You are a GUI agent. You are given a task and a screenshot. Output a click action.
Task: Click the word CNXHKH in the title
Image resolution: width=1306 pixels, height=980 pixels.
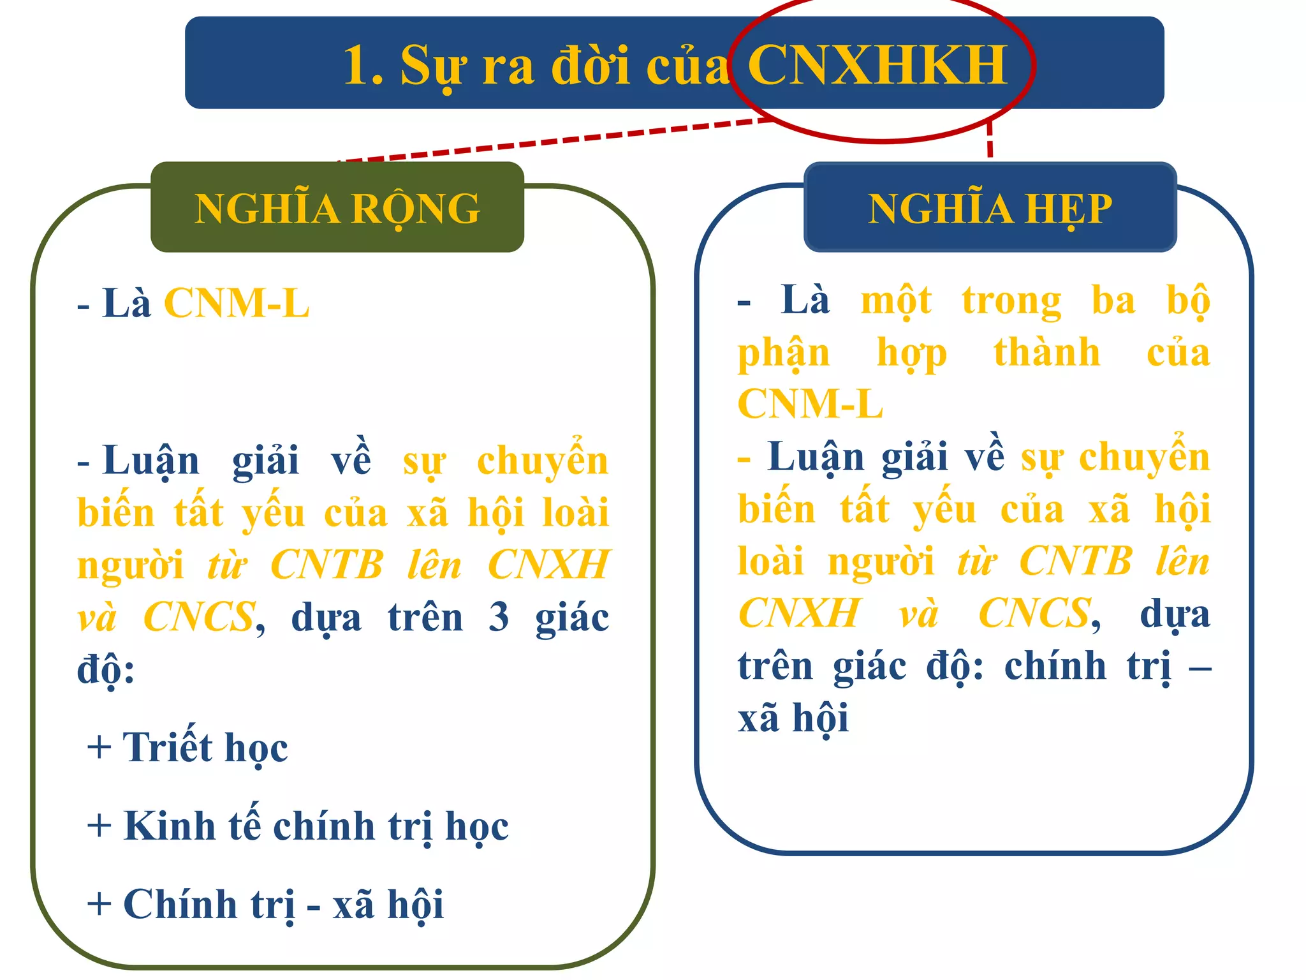[877, 65]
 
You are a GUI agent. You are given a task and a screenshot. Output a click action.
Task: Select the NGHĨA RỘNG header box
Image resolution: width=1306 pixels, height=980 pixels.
[337, 207]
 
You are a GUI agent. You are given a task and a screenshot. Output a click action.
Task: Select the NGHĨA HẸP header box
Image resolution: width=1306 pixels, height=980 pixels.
[990, 207]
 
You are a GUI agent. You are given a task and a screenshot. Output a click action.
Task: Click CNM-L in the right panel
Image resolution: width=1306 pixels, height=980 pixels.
[810, 404]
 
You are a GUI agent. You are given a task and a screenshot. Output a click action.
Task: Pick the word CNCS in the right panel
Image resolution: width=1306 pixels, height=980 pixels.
[1034, 613]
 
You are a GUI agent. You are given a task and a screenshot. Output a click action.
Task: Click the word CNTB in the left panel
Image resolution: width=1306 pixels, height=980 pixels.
[326, 565]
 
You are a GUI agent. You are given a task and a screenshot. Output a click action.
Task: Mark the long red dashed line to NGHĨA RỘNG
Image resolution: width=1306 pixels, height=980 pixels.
[555, 140]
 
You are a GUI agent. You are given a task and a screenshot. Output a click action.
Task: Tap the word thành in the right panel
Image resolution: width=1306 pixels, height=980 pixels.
[1046, 353]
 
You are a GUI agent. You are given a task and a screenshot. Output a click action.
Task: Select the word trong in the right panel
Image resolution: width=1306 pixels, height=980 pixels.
[1011, 301]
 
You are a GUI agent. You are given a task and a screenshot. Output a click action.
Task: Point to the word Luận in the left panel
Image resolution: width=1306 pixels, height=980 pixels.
[150, 461]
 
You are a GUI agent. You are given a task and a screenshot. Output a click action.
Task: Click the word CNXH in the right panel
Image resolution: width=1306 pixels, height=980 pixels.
[800, 613]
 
